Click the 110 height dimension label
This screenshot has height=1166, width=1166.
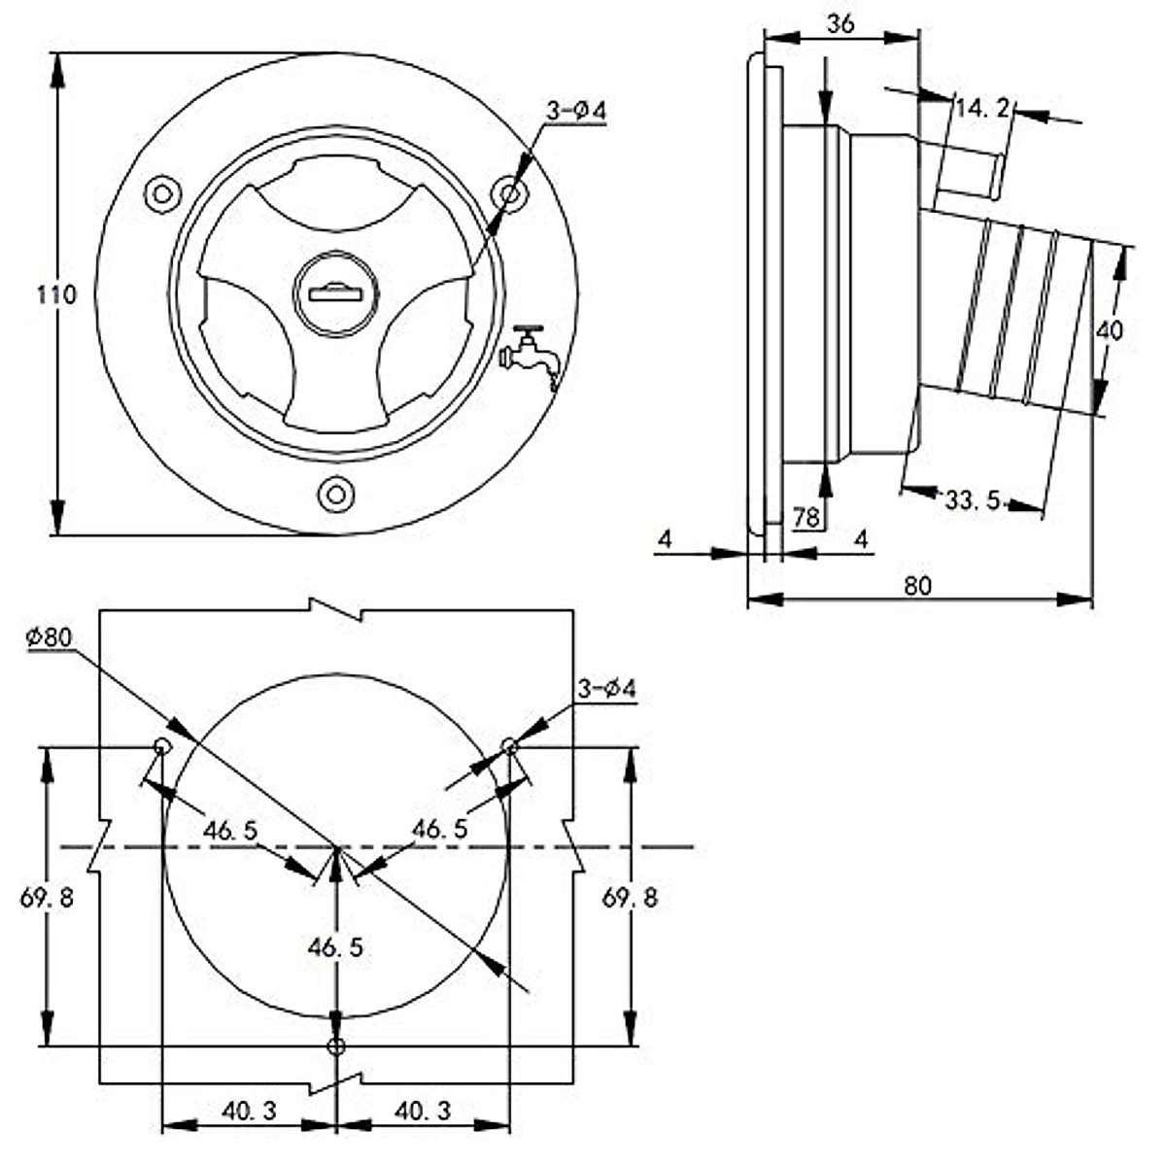coord(57,294)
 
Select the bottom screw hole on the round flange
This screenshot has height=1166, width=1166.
coord(336,494)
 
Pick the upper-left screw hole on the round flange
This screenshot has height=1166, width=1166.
coord(163,194)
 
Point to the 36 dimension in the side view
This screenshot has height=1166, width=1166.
coord(840,23)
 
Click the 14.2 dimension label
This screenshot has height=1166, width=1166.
coord(982,109)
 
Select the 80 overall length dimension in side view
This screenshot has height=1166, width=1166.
coord(918,586)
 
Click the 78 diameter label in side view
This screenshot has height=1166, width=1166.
coord(806,517)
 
